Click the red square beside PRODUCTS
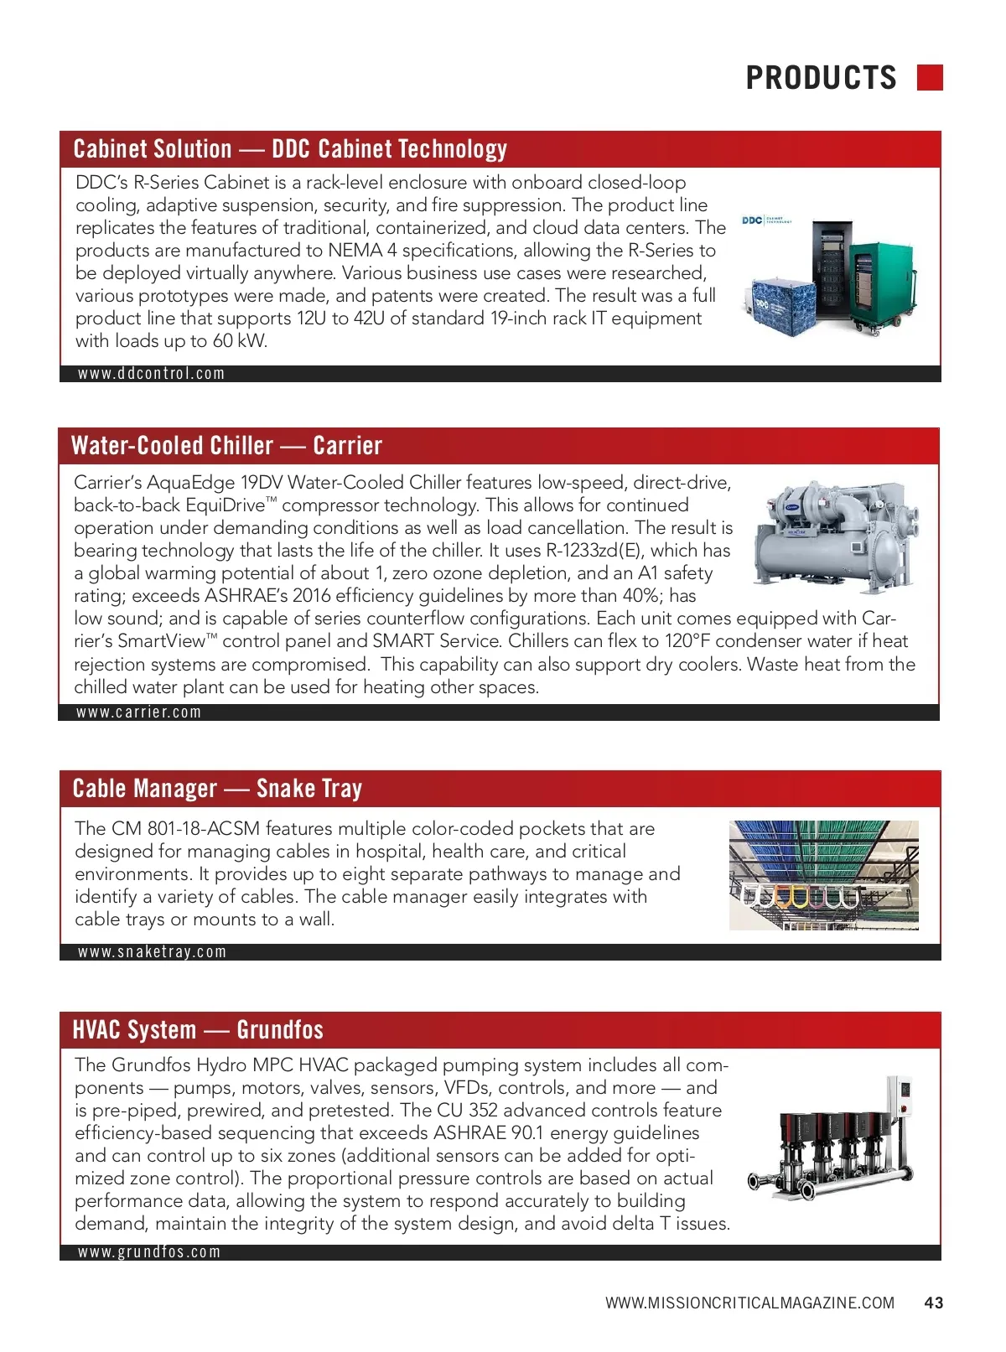coord(930,77)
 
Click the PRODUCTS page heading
coord(821,78)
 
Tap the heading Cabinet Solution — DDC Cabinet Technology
coord(290,149)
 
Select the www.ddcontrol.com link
coord(152,374)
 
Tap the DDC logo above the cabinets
coord(752,220)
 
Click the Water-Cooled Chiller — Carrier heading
coord(227,446)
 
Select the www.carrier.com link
coord(139,712)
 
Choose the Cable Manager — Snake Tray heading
coord(218,789)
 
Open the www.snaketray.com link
coord(153,952)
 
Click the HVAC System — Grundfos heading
coord(198,1030)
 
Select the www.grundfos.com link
coord(149,1252)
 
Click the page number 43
coord(934,1303)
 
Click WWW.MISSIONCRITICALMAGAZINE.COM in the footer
coord(749,1303)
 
